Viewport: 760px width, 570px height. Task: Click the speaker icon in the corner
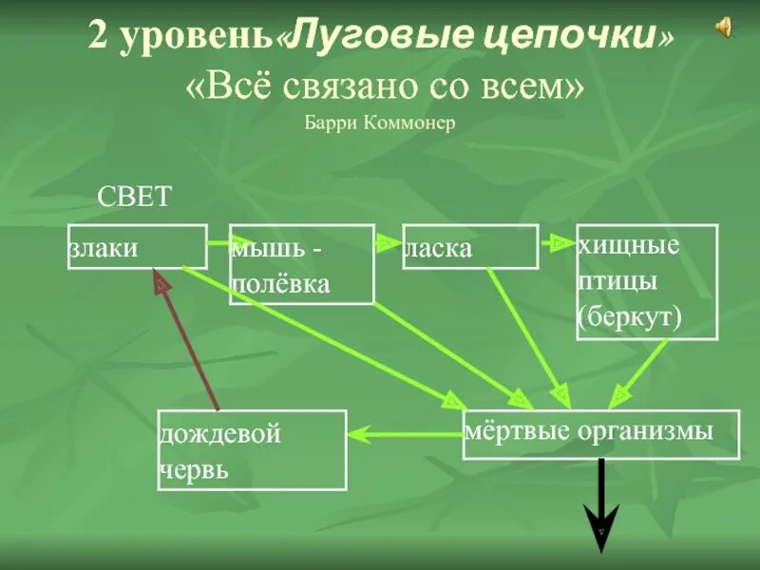coord(724,28)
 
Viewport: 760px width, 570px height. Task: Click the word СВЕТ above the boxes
coord(136,197)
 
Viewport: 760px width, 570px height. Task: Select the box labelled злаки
coord(137,247)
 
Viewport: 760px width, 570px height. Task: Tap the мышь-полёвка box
coord(301,265)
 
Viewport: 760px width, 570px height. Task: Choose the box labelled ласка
coord(470,247)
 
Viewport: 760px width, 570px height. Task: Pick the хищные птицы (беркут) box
coord(648,281)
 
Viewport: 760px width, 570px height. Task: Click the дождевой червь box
coord(252,449)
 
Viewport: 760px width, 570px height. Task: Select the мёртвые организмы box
coord(600,434)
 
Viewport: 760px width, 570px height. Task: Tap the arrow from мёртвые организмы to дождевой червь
coord(405,435)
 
